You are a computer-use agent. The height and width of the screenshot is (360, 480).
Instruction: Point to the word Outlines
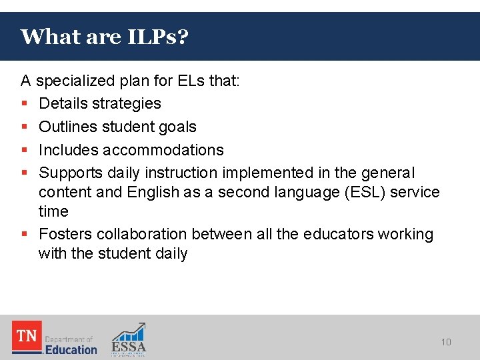pos(67,127)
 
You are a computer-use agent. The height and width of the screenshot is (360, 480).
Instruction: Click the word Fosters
pos(65,234)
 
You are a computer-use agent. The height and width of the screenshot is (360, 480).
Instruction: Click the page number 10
pos(446,342)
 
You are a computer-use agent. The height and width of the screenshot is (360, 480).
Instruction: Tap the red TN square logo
pos(27,336)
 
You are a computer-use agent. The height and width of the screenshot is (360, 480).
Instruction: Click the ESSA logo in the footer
pos(129,339)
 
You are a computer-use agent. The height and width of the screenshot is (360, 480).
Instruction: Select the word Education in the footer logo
pos(71,349)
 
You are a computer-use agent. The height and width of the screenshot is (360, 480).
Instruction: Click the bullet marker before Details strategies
pos(25,104)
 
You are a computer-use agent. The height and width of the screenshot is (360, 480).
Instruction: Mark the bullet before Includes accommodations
pos(25,151)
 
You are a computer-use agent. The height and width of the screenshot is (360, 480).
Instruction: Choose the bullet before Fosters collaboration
pos(25,235)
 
